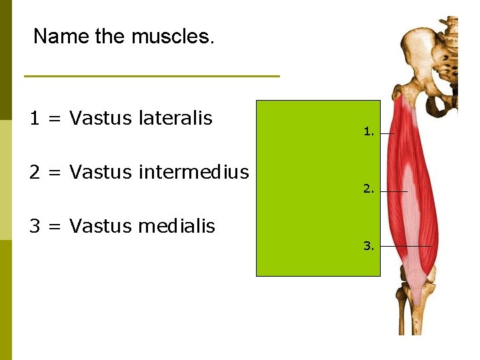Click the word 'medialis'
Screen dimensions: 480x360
(x=177, y=227)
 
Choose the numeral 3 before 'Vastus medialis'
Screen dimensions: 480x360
(x=34, y=227)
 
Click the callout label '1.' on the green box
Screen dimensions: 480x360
(x=369, y=132)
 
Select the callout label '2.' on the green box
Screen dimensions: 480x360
(x=369, y=189)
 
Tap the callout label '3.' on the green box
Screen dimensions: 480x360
(x=369, y=246)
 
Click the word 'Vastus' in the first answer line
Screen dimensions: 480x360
(x=101, y=119)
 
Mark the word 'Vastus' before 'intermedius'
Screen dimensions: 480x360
(x=101, y=173)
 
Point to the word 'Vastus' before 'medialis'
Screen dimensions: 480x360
(x=101, y=227)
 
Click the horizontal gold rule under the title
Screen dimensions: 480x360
(x=152, y=76)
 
